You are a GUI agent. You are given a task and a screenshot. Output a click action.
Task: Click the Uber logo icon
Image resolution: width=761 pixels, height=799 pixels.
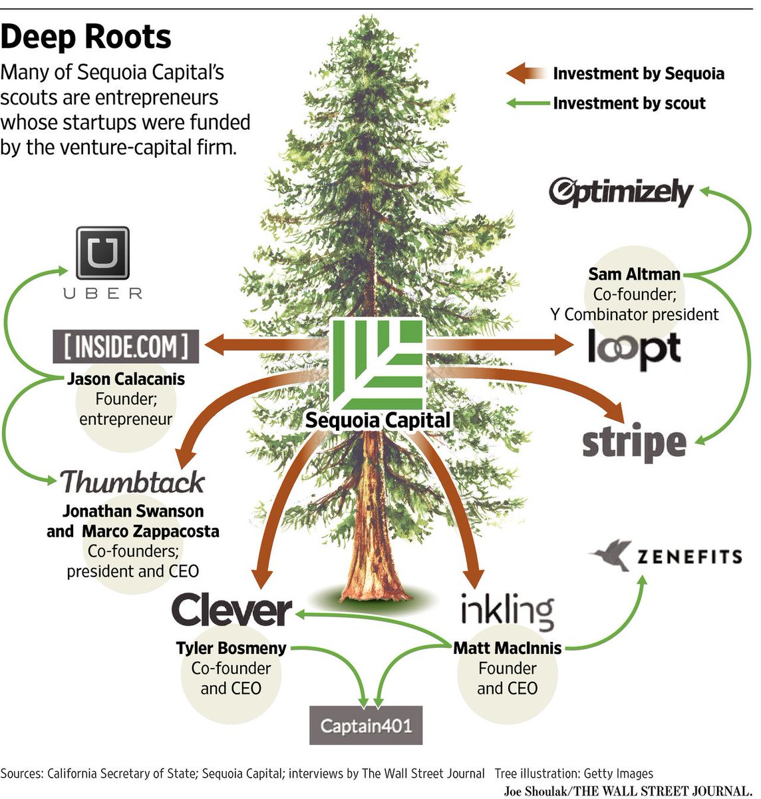pyautogui.click(x=102, y=253)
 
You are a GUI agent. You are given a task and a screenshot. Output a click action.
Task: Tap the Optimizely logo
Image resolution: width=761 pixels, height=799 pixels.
pyautogui.click(x=621, y=192)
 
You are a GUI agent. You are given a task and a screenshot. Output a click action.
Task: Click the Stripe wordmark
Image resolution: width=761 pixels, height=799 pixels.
pyautogui.click(x=634, y=443)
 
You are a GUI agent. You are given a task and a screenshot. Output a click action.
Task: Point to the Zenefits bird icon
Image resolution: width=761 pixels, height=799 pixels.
pyautogui.click(x=611, y=555)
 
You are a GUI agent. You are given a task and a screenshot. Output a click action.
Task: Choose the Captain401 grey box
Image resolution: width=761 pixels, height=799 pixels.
pyautogui.click(x=366, y=724)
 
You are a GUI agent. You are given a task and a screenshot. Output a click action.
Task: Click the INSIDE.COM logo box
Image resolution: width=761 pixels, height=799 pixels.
pyautogui.click(x=126, y=346)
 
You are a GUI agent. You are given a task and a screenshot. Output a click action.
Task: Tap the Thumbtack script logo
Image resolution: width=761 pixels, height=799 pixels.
pyautogui.click(x=132, y=481)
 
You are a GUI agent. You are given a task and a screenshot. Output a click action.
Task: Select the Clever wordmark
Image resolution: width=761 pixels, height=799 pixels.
pyautogui.click(x=231, y=610)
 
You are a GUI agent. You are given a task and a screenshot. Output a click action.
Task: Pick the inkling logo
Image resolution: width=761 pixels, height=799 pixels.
pyautogui.click(x=507, y=609)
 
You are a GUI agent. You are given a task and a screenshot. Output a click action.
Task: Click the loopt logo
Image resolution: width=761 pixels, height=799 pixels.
pyautogui.click(x=634, y=348)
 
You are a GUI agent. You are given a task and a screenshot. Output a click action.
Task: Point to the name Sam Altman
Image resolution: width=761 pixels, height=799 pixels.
pyautogui.click(x=634, y=274)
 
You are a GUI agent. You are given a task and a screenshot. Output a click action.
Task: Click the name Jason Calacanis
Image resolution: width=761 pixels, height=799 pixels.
pyautogui.click(x=126, y=379)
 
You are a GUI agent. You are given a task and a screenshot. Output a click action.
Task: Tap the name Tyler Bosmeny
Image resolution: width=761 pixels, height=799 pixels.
pyautogui.click(x=231, y=648)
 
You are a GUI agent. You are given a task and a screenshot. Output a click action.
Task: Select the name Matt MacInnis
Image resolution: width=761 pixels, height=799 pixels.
pyautogui.click(x=507, y=648)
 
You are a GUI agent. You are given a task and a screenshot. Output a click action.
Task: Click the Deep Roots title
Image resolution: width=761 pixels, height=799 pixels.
pyautogui.click(x=86, y=37)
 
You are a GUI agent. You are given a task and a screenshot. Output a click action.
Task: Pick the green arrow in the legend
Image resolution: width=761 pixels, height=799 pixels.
pyautogui.click(x=527, y=103)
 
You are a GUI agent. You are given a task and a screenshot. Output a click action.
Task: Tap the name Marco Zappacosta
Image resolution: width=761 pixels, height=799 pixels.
pyautogui.click(x=150, y=531)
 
